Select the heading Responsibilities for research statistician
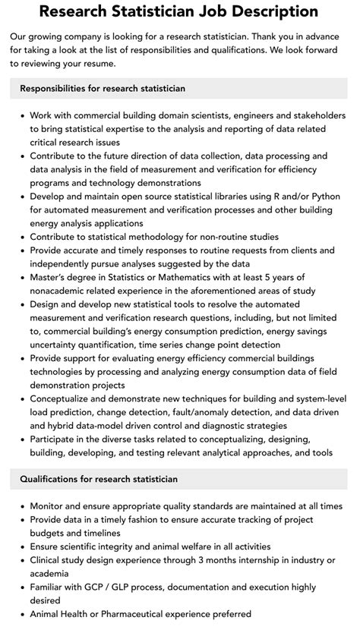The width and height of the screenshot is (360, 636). point(103,89)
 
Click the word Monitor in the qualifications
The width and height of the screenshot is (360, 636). point(50,506)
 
